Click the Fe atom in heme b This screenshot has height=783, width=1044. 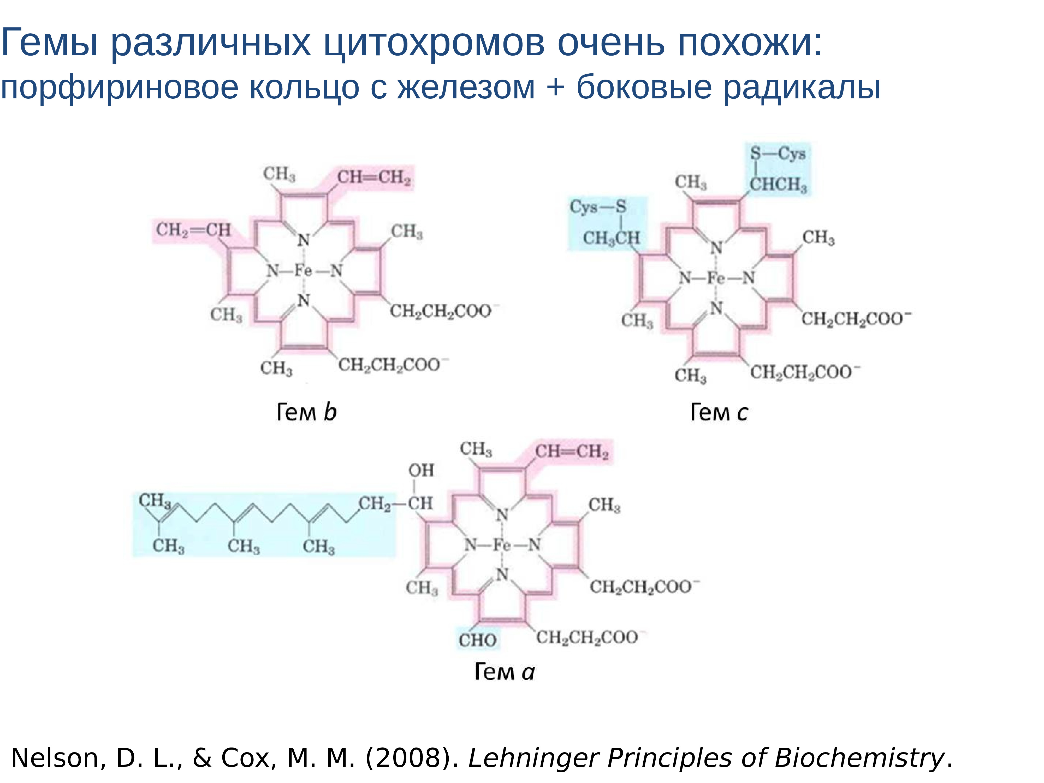tap(303, 270)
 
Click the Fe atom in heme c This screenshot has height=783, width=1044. tap(715, 278)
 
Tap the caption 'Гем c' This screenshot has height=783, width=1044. tap(718, 412)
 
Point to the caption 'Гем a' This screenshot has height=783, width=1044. tap(504, 672)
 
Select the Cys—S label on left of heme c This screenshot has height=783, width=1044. tap(597, 207)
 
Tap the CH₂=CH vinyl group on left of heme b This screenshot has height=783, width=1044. tap(193, 230)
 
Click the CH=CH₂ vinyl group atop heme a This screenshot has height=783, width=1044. tap(572, 452)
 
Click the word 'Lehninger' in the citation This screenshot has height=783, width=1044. tap(533, 758)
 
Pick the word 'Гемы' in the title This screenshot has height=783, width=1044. tap(50, 43)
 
